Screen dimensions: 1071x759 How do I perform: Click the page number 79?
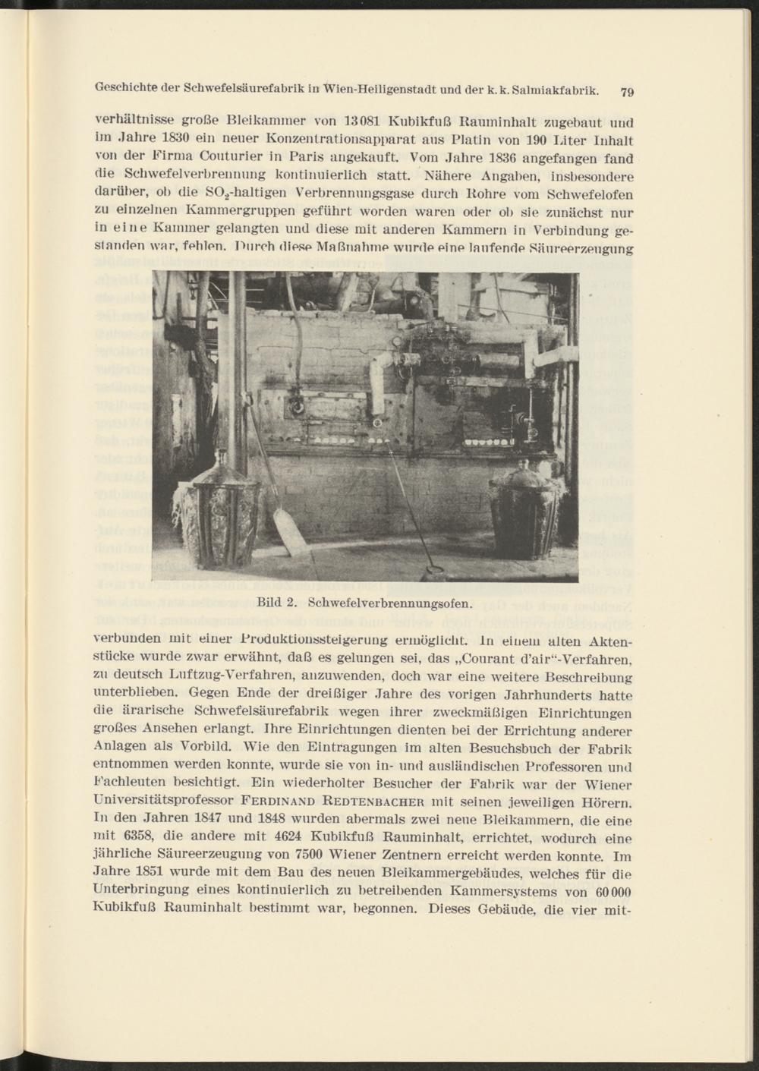pyautogui.click(x=627, y=93)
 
